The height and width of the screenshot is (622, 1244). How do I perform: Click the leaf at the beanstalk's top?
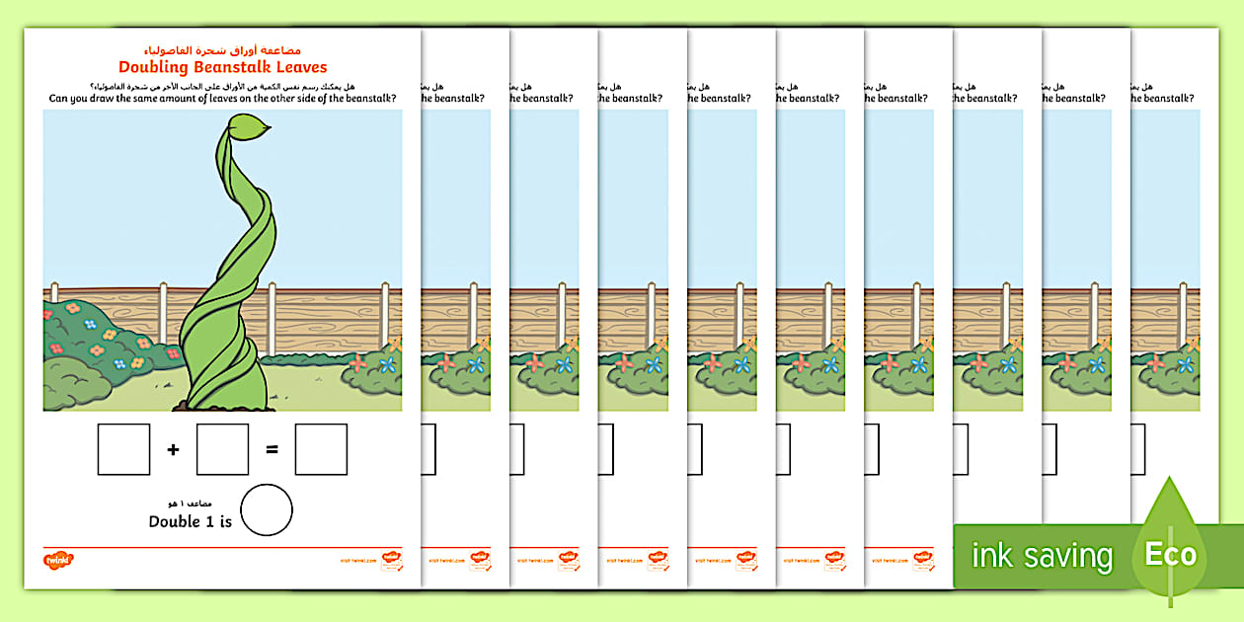click(250, 128)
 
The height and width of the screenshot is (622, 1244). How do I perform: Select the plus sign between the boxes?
click(174, 450)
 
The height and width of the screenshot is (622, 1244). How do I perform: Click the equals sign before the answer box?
click(272, 450)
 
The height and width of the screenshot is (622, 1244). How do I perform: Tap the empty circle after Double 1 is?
click(267, 509)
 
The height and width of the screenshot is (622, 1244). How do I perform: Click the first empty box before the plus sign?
click(123, 449)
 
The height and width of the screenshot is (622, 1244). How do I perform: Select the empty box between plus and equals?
click(222, 449)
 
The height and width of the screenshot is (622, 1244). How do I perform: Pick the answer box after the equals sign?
click(321, 449)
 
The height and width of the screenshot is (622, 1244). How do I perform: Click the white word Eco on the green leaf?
click(1171, 554)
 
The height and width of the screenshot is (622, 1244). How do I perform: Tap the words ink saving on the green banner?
click(1041, 556)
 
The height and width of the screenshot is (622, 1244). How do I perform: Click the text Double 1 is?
click(190, 521)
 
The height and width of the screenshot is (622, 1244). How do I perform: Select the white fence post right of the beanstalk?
click(272, 319)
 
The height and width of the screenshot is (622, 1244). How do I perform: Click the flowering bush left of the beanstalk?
click(99, 336)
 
